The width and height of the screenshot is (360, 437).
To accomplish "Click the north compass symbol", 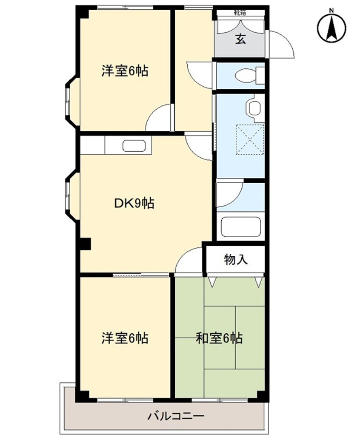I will [x=331, y=29].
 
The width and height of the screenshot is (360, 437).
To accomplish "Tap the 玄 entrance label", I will [x=240, y=40].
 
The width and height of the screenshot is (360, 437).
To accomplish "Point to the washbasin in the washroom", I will [x=254, y=107].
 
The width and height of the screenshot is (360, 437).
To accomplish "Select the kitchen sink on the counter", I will [x=134, y=146].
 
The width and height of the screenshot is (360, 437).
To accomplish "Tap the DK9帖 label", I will [x=134, y=203].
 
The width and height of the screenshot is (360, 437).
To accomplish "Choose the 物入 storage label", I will [x=236, y=259].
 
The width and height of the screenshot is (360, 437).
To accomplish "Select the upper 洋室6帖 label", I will [x=124, y=71].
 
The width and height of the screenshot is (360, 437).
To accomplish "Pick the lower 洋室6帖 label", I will [x=124, y=338].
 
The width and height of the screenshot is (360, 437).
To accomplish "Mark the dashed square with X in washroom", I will [x=250, y=139].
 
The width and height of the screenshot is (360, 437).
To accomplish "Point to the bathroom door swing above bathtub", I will [x=229, y=195].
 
